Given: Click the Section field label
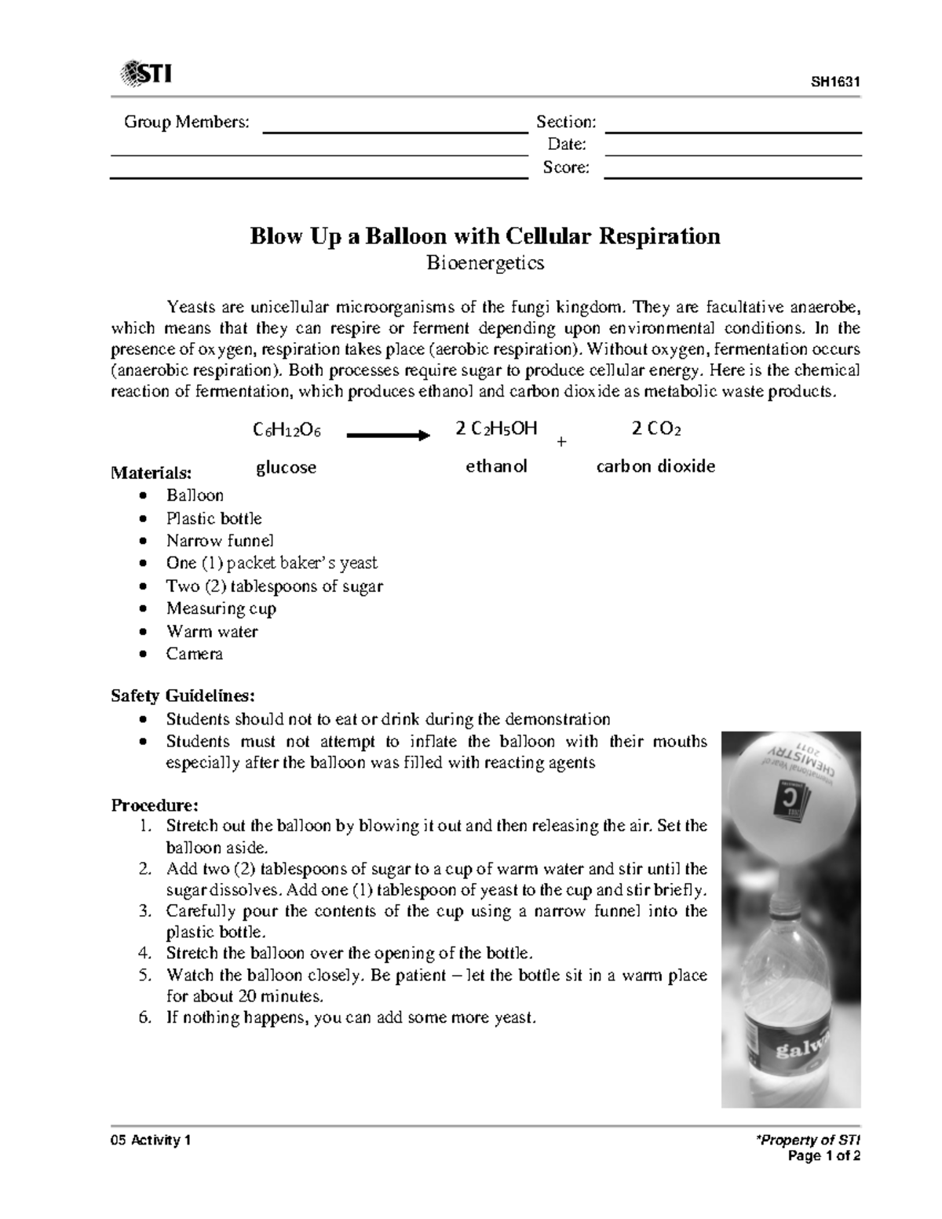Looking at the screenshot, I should click(x=565, y=122).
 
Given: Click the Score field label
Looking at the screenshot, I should click(x=566, y=167).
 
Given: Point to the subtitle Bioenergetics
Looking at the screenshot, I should click(x=484, y=263).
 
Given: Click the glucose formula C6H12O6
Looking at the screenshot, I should click(x=287, y=430).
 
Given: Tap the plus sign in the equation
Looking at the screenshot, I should click(x=560, y=443).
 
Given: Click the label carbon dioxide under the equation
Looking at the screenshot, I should click(x=655, y=466).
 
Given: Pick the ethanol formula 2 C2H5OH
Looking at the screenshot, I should click(x=496, y=429).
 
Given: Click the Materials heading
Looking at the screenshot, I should click(x=151, y=473).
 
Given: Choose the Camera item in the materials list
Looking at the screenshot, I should click(x=194, y=654).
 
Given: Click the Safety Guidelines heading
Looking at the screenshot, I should click(x=182, y=695).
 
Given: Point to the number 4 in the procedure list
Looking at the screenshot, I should click(x=143, y=954).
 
